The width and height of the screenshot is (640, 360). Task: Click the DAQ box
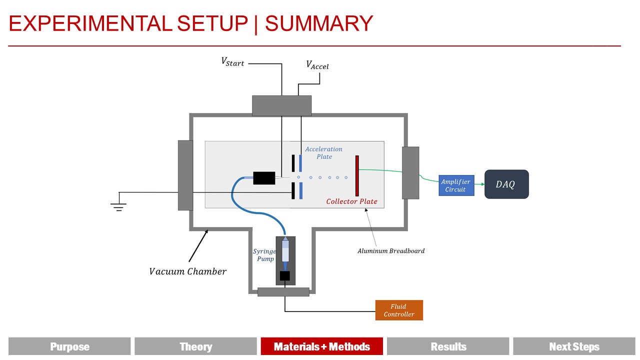(506, 184)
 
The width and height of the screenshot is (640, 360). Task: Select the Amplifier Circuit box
(456, 185)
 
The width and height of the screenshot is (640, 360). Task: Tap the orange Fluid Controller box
(399, 310)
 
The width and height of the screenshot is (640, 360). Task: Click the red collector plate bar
(357, 175)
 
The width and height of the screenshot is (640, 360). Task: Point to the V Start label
(233, 62)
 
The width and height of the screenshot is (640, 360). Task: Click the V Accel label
(317, 65)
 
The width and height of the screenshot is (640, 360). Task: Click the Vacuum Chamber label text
(187, 271)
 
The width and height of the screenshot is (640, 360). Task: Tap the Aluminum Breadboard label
(390, 251)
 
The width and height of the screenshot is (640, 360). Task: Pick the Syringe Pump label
(264, 255)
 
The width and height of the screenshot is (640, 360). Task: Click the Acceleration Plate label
(324, 152)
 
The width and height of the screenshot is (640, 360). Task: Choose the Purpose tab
(69, 346)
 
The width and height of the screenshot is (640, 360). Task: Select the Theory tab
(195, 346)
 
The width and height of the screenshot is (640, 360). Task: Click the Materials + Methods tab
(321, 346)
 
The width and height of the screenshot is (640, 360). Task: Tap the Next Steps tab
(574, 346)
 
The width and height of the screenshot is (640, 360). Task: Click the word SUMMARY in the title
(319, 23)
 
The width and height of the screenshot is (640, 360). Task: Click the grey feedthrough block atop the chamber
(281, 105)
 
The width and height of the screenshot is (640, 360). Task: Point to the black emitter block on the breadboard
(264, 178)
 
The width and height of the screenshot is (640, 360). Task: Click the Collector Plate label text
(351, 201)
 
